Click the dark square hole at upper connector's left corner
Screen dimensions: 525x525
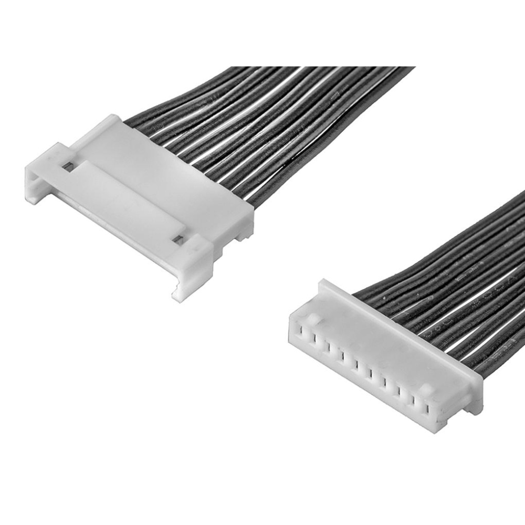[x=67, y=166]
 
